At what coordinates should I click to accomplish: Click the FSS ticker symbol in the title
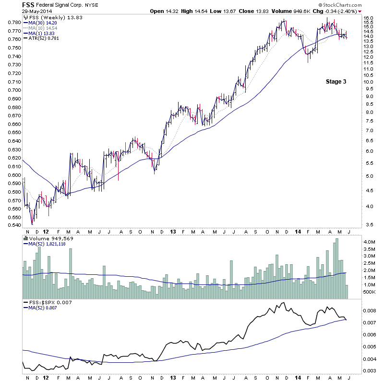pyautogui.click(x=28, y=5)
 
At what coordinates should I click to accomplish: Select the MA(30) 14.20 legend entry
pyautogui.click(x=41, y=22)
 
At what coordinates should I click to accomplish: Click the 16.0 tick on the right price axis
pyautogui.click(x=368, y=18)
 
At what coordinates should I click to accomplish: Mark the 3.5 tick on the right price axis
pyautogui.click(x=368, y=224)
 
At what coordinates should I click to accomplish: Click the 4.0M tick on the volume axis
pyautogui.click(x=369, y=242)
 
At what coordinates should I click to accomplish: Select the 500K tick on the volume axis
pyautogui.click(x=369, y=292)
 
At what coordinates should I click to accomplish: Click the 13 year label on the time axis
pyautogui.click(x=172, y=231)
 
